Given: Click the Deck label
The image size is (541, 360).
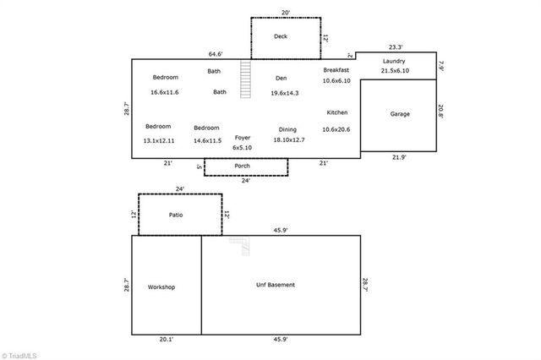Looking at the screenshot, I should pos(281,37).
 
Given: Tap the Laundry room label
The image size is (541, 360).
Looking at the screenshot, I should pos(394,62).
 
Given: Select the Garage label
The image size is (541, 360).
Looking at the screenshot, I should pos(399,114).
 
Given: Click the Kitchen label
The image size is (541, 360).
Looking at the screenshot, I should pos(337,112).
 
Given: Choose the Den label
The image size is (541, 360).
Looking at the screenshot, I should pos(281,79).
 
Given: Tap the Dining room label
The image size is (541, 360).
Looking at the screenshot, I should pos(287,129).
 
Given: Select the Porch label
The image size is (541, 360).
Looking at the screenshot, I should pos(243,166).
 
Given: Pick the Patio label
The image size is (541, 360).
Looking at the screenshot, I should pos(176,215).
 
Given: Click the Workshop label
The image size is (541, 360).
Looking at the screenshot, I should pos(161,287).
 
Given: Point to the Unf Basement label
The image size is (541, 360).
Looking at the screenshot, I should pos(276,285).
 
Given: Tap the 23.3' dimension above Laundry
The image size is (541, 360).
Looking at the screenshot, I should pos(395,46).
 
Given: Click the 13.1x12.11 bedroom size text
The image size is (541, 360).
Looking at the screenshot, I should pos(159,140).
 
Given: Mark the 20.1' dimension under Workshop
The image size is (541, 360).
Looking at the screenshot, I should pos(167,340).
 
